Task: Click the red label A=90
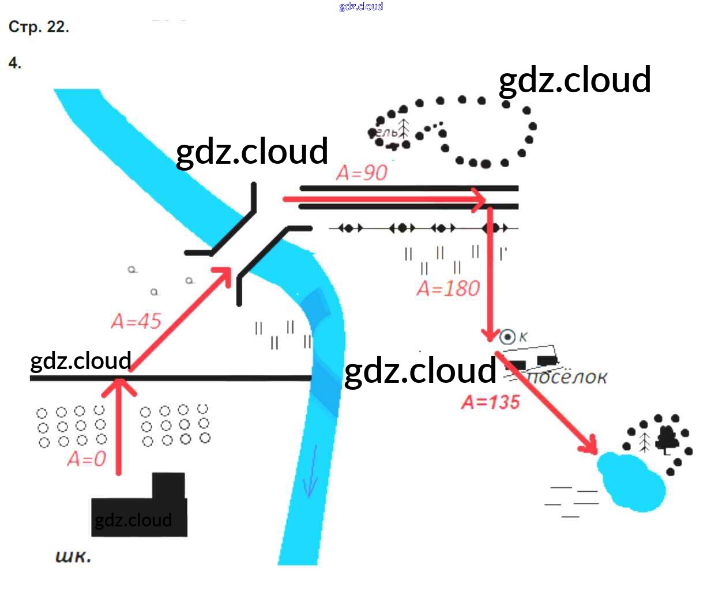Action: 362,172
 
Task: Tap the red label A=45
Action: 136,321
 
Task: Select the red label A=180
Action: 448,288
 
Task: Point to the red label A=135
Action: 490,402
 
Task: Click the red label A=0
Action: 87,459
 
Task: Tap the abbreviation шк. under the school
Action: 73,556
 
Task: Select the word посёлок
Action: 568,377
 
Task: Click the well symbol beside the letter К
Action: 507,337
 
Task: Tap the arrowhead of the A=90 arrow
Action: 480,199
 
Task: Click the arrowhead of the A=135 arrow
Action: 591,446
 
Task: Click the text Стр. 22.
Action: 39,27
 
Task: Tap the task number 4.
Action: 15,63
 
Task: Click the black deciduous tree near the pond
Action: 668,439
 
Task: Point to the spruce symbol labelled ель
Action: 404,129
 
